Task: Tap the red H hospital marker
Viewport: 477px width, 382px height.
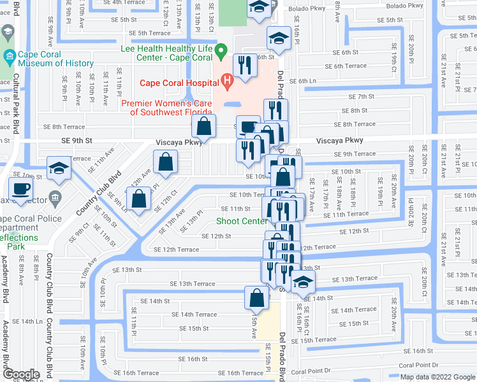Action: point(226,80)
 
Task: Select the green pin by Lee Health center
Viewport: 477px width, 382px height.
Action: point(221,50)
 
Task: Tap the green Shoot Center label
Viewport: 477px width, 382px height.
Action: point(241,222)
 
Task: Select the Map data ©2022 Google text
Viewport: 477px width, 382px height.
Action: point(437,377)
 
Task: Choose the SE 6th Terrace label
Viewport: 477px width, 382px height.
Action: point(346,66)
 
